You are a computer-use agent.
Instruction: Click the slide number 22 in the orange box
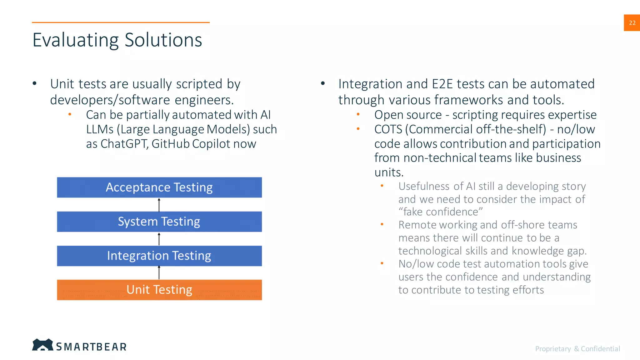tap(632, 23)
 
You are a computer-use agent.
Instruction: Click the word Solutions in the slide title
tap(163, 40)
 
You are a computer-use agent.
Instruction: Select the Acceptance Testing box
tap(159, 187)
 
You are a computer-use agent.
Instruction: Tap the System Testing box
tap(159, 222)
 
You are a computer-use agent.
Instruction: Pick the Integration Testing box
tap(159, 256)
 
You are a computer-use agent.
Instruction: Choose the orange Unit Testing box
tap(159, 290)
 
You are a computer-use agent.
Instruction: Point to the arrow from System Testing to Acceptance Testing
tap(159, 205)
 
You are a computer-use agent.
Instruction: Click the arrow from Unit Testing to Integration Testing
tap(159, 272)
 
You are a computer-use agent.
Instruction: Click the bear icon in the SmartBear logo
tap(42, 345)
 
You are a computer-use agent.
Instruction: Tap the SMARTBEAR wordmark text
tap(91, 347)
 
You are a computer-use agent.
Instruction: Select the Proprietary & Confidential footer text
tap(577, 349)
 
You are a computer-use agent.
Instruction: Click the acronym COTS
tap(388, 129)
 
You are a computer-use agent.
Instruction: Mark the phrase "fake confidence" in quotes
tap(440, 212)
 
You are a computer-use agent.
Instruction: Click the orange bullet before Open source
tap(358, 115)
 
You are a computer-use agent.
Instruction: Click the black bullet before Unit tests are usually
tap(35, 83)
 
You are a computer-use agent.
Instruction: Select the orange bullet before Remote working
tap(382, 224)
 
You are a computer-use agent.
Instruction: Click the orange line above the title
tap(121, 22)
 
